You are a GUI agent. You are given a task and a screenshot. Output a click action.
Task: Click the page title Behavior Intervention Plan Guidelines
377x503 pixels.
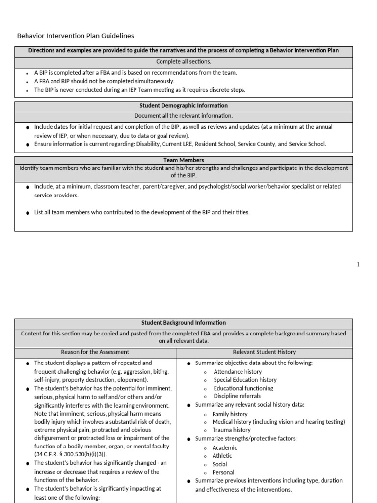(75, 36)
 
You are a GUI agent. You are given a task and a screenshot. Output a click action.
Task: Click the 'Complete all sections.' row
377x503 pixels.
(184, 62)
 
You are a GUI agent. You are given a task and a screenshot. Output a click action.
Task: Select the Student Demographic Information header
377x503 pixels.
(184, 106)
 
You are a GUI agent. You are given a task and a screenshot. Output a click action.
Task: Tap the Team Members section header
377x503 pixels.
(184, 160)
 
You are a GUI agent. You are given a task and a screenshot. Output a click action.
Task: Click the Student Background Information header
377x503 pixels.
(184, 323)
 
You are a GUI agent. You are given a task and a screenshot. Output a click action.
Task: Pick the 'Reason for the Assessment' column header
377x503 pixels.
(95, 352)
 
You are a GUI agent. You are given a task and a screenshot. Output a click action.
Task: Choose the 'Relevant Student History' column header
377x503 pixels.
(264, 352)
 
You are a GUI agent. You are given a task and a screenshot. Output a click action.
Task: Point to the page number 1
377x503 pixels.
(358, 265)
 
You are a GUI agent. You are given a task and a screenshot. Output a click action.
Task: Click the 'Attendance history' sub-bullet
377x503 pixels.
(238, 372)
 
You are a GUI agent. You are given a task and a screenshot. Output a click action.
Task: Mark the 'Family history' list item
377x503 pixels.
(230, 414)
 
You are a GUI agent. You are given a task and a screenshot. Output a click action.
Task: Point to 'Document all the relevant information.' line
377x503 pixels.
(184, 116)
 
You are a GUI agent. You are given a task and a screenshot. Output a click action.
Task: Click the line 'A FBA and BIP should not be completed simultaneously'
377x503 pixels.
(104, 81)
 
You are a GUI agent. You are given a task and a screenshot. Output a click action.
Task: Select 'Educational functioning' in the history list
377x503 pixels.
(243, 388)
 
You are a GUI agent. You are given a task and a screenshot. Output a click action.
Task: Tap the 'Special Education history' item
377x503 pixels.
(245, 380)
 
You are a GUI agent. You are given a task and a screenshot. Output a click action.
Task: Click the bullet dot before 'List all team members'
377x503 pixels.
(27, 213)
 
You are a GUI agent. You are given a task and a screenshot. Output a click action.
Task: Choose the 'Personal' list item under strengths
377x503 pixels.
(223, 472)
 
